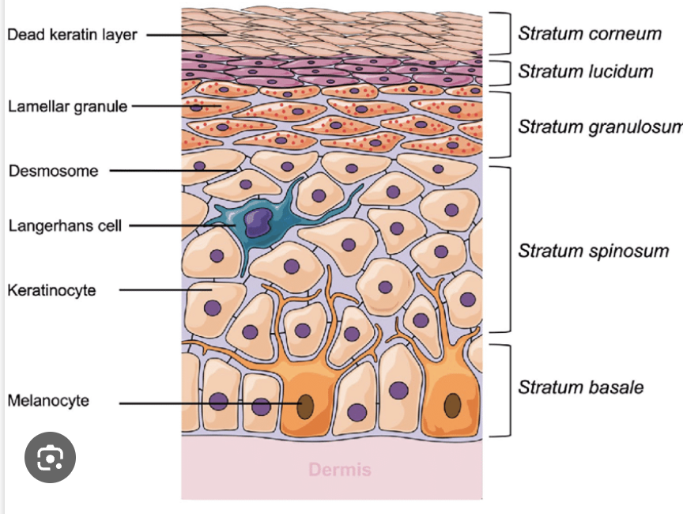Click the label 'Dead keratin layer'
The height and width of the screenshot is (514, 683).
coord(72,35)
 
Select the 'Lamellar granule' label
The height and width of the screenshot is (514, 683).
coord(67,106)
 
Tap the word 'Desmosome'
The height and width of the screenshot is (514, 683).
coord(53,171)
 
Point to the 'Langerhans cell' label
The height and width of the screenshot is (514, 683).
coord(65,226)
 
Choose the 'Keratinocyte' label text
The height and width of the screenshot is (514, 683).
coord(51,290)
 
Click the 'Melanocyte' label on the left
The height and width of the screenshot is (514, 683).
coord(48,400)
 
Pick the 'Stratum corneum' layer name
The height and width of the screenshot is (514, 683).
coord(589,33)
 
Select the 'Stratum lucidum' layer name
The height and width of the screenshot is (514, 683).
coord(585,71)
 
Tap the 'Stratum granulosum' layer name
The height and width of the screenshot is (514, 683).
coord(599,127)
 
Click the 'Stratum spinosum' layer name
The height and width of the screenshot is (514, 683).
coord(593,251)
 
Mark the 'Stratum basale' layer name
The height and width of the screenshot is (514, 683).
coord(580,387)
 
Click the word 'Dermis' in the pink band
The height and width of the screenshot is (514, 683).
coord(339,470)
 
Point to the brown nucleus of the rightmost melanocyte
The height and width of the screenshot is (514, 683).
coord(452,405)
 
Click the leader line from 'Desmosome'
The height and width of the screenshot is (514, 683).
coord(174,170)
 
